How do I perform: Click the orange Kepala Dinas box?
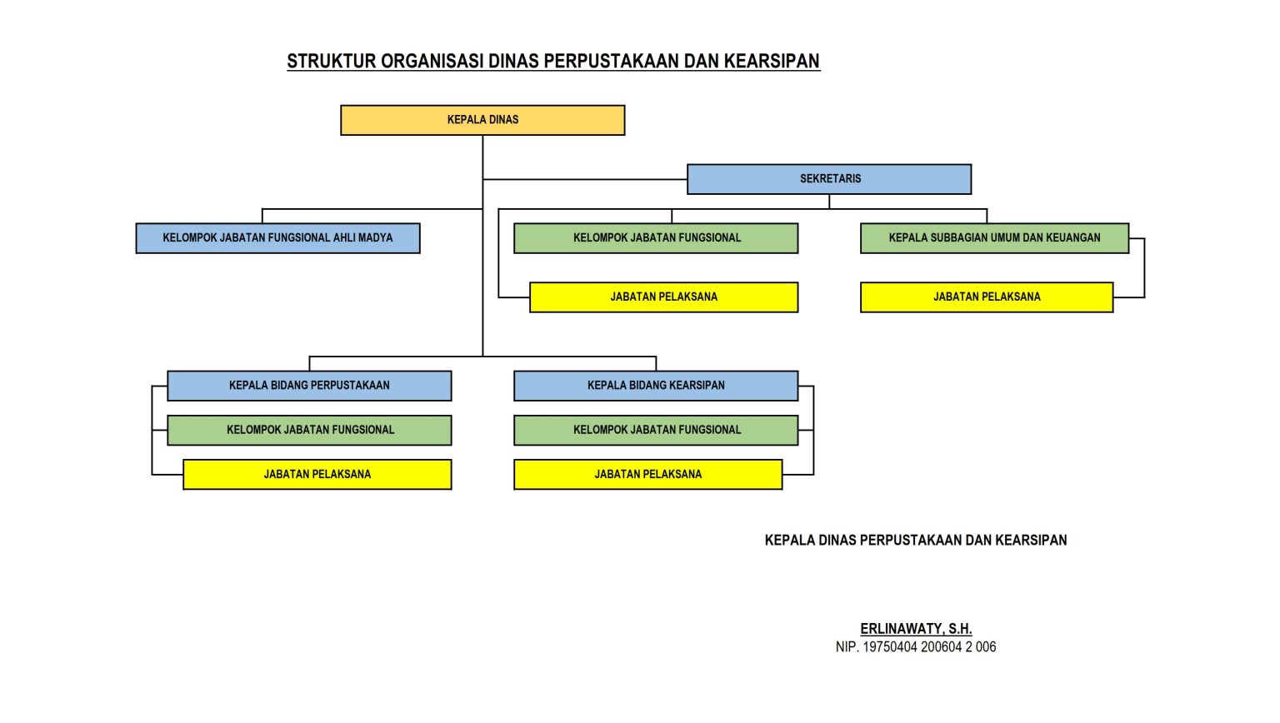point(482,120)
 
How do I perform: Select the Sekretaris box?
point(829,179)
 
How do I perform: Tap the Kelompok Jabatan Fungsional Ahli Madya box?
point(277,238)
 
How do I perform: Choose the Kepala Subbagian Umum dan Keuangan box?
point(994,238)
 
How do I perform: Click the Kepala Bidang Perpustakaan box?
point(309,386)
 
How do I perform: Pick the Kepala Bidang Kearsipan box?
point(656,386)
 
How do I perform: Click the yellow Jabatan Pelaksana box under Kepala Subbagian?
point(987,297)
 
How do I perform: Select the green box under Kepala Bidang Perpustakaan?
point(309,430)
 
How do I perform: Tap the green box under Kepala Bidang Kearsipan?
point(656,430)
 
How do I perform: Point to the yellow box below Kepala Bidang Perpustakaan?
point(317,475)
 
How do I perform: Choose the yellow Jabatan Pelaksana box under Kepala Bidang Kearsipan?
point(647,475)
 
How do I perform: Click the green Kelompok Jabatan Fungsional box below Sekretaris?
point(656,238)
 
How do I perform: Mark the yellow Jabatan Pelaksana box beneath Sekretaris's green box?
point(663,297)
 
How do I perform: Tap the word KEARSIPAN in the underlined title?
point(772,61)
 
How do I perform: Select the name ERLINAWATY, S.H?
point(916,629)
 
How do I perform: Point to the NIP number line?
point(916,647)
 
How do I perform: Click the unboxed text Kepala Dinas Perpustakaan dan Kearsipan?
point(916,540)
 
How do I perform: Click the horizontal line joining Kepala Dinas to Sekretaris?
point(583,179)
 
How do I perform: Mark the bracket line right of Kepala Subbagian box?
point(1144,267)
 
